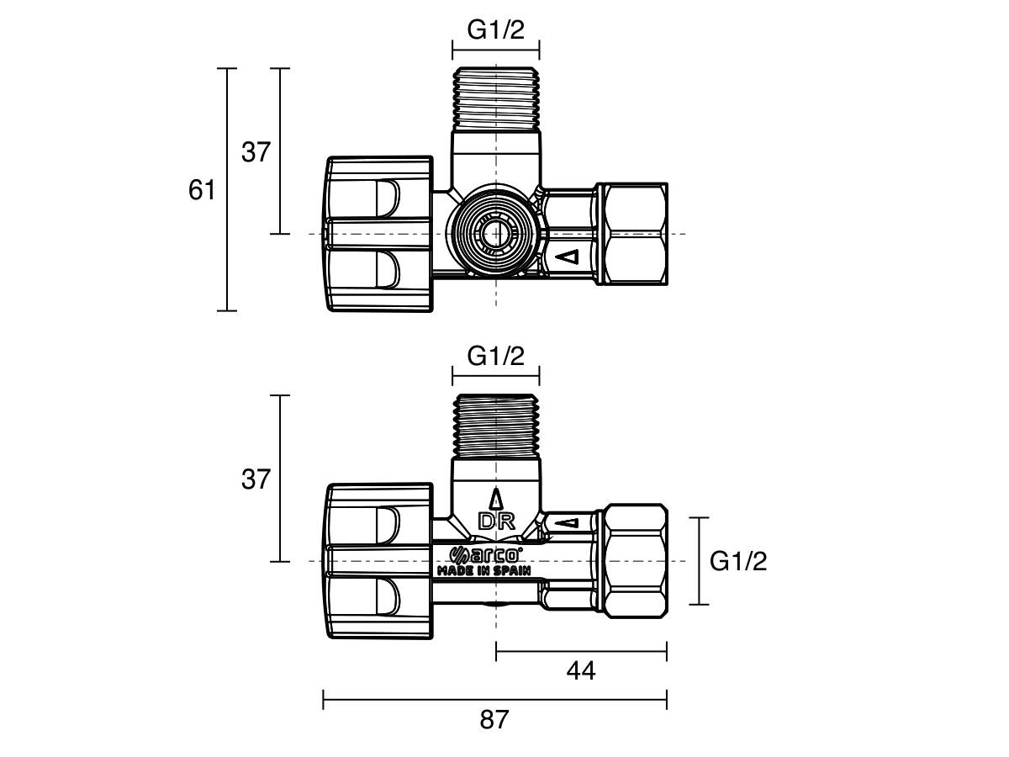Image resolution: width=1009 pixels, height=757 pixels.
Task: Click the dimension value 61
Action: pyautogui.click(x=202, y=191)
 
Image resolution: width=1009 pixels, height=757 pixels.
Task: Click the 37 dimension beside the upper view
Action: pyautogui.click(x=256, y=152)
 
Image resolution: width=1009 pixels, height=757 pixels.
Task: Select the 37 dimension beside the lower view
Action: pyautogui.click(x=256, y=479)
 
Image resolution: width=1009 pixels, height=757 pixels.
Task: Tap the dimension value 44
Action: pyautogui.click(x=580, y=670)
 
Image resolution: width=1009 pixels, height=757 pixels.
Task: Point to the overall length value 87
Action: pyautogui.click(x=495, y=720)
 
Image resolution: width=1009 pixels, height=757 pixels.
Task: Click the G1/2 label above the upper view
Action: pyautogui.click(x=495, y=30)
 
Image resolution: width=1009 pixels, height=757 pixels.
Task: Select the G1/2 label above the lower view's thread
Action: pyautogui.click(x=495, y=357)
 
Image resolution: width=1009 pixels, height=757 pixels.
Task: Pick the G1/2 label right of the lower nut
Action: pyautogui.click(x=738, y=561)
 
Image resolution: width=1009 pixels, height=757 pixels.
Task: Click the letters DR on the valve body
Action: pyautogui.click(x=495, y=521)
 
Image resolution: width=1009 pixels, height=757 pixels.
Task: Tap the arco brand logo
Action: pyautogui.click(x=488, y=554)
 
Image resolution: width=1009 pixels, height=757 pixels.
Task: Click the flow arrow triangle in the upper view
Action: pyautogui.click(x=569, y=257)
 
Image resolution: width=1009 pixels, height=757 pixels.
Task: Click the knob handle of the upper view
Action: pyautogui.click(x=378, y=234)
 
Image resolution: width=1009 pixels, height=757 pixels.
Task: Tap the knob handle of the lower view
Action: pyautogui.click(x=378, y=561)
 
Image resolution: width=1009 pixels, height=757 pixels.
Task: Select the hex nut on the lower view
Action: pyautogui.click(x=635, y=561)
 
